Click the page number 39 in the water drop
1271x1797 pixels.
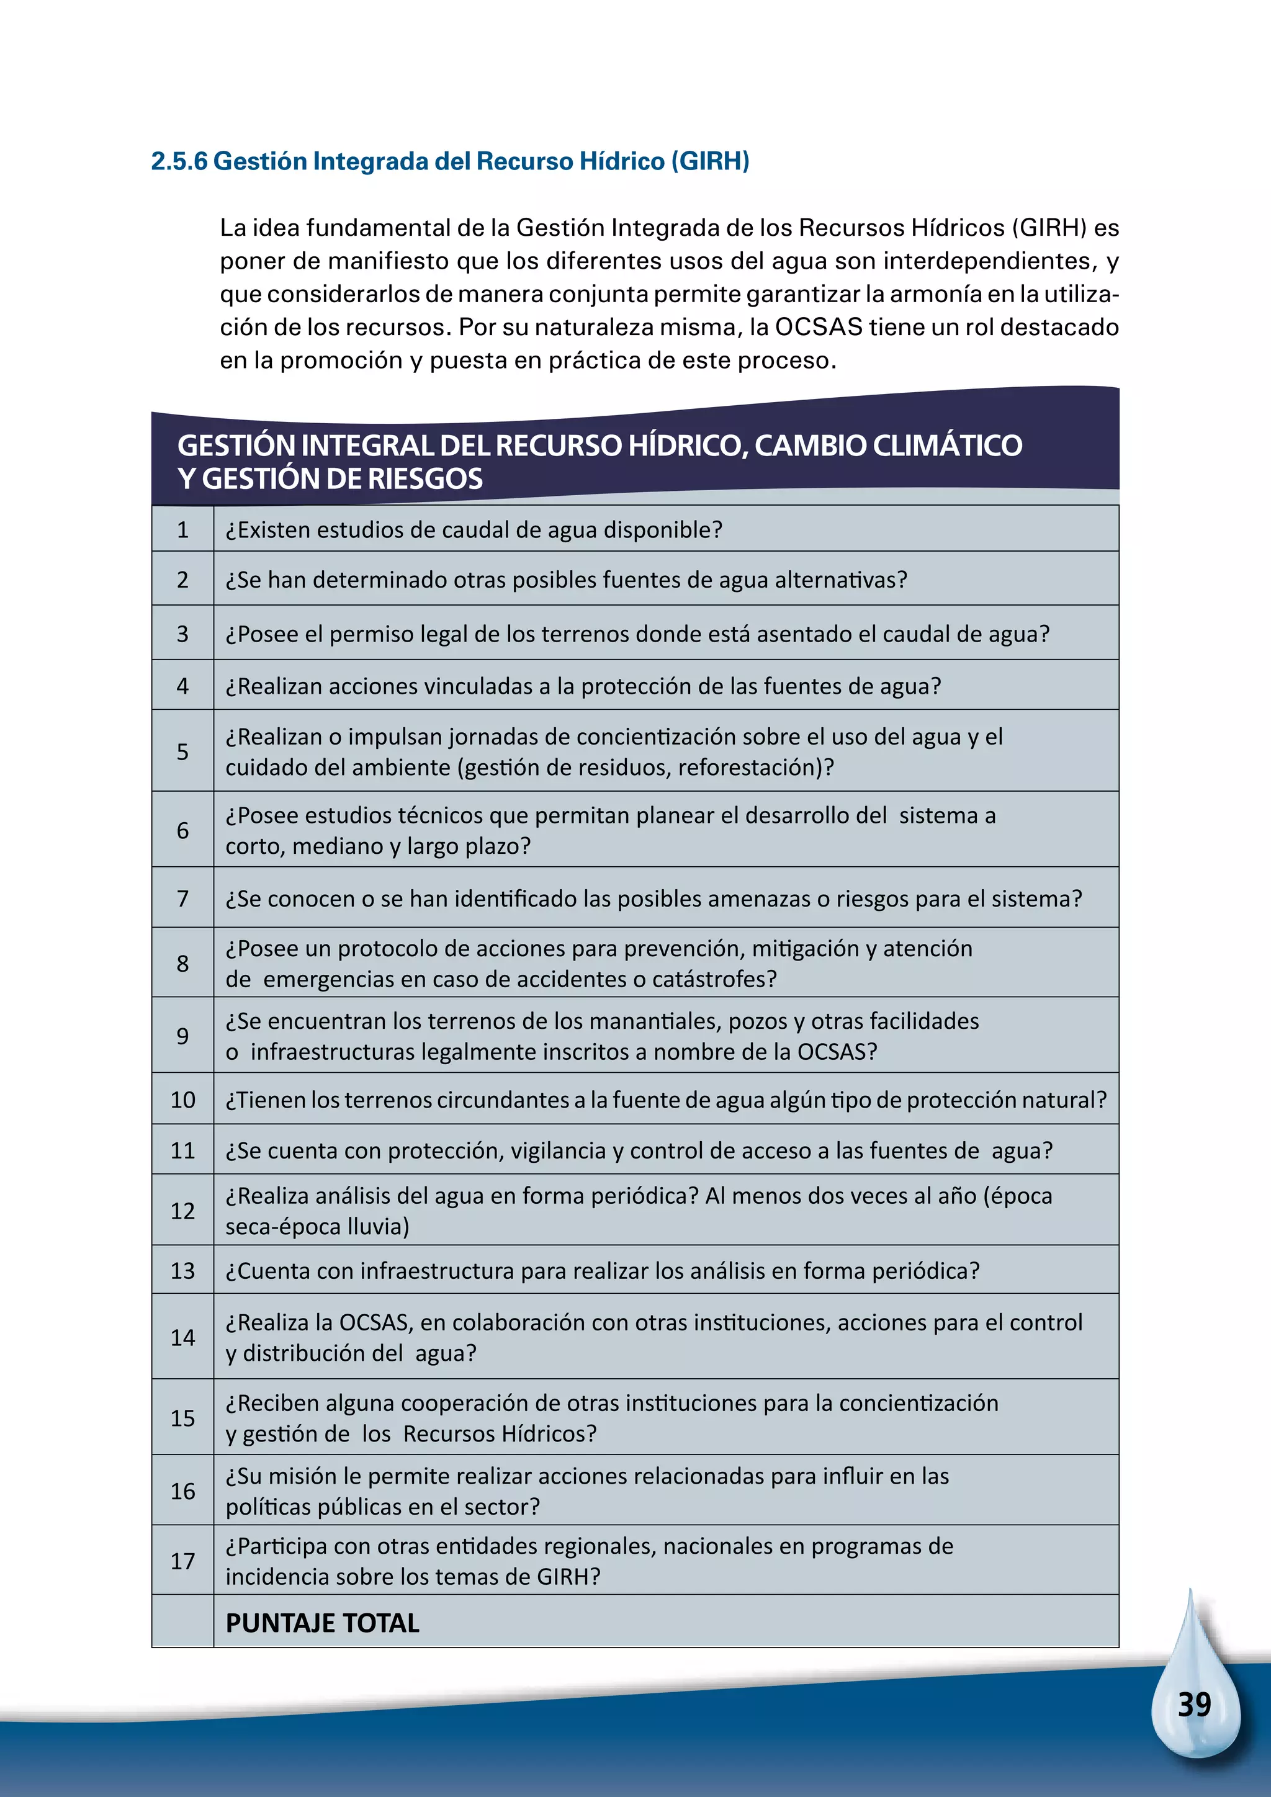pyautogui.click(x=1194, y=1704)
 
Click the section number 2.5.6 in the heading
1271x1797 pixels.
pyautogui.click(x=179, y=161)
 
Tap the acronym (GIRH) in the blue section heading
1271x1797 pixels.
pyautogui.click(x=713, y=161)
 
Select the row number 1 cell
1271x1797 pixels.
pyautogui.click(x=182, y=530)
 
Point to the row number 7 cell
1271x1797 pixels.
pyautogui.click(x=182, y=898)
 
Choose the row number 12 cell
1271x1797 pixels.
pyautogui.click(x=182, y=1211)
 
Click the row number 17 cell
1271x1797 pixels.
pyautogui.click(x=182, y=1561)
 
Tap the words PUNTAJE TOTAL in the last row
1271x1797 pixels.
pyautogui.click(x=323, y=1623)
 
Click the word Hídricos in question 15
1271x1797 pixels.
pyautogui.click(x=549, y=1434)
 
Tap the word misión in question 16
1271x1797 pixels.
pyautogui.click(x=302, y=1476)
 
